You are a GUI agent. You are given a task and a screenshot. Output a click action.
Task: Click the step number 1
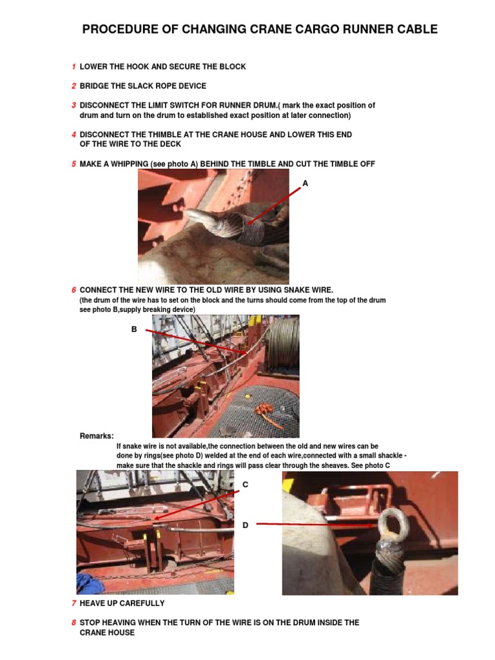(74, 67)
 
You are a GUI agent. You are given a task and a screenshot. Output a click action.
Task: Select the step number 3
(74, 105)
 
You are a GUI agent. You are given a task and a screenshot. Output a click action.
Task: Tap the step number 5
(74, 164)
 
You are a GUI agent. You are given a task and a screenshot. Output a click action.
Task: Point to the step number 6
(74, 291)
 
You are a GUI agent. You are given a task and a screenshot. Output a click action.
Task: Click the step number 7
(74, 603)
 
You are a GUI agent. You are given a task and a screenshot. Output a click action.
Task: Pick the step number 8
(74, 623)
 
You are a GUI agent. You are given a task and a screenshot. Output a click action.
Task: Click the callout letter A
(306, 184)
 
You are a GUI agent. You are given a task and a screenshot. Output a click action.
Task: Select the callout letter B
(134, 329)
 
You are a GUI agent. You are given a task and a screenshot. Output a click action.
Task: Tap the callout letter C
(245, 485)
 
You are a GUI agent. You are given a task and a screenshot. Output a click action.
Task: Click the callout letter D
(245, 526)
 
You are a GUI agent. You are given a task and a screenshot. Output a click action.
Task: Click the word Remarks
(97, 436)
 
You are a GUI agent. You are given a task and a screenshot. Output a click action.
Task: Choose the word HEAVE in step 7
(94, 603)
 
